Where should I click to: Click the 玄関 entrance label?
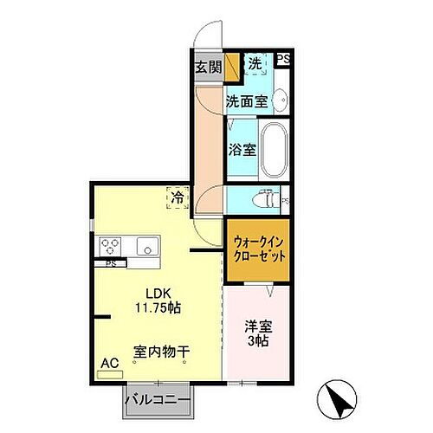(206, 68)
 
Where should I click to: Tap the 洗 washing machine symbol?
(255, 64)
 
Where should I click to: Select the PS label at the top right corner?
(283, 59)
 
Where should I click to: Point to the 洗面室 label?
(246, 101)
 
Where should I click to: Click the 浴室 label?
(241, 150)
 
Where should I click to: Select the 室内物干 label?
(162, 352)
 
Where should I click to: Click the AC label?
(110, 364)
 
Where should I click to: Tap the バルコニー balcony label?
(159, 401)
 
